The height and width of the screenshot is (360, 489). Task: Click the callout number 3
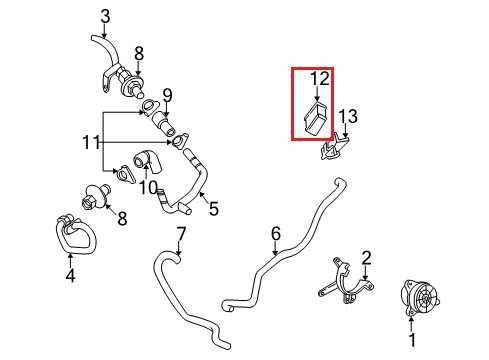[105, 16]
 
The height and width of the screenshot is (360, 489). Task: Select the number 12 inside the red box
[319, 79]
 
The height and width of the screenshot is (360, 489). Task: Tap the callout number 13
[348, 116]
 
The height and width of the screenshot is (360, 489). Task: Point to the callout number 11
[91, 143]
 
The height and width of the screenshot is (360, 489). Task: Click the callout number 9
[167, 96]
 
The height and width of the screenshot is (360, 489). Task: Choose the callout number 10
[148, 188]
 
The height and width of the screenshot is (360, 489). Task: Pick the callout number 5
[213, 209]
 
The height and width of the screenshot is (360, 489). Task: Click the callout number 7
[180, 235]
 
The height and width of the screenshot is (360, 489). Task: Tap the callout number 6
[275, 234]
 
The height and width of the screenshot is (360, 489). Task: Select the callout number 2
[366, 258]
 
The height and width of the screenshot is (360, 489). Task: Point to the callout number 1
[412, 340]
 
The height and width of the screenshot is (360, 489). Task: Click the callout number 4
[70, 276]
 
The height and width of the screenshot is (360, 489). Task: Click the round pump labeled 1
[419, 296]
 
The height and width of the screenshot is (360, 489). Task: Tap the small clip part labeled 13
[334, 148]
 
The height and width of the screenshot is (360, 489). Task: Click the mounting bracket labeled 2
[346, 281]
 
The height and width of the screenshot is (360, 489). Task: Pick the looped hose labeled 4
[75, 233]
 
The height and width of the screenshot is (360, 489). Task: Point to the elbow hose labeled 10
[147, 161]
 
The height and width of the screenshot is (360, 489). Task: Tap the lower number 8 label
[123, 219]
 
